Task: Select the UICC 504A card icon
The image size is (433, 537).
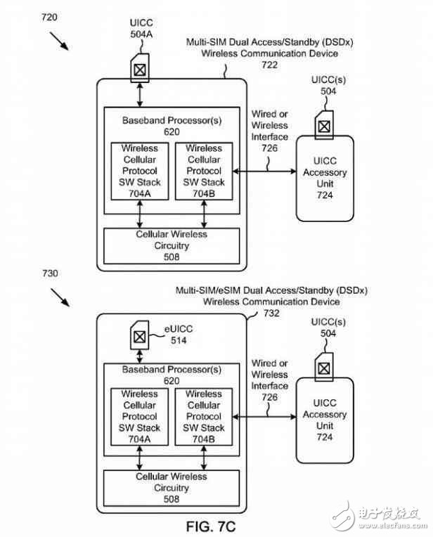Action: click(140, 68)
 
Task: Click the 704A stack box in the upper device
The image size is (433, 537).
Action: click(140, 171)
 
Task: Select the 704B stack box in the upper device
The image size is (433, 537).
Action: click(204, 171)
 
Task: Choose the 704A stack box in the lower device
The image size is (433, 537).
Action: click(140, 416)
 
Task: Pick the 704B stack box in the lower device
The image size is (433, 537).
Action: click(204, 416)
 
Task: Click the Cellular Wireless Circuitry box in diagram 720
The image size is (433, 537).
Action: click(172, 245)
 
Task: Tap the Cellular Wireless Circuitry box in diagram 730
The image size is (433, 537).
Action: click(172, 488)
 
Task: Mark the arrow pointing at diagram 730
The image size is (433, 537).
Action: click(58, 298)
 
